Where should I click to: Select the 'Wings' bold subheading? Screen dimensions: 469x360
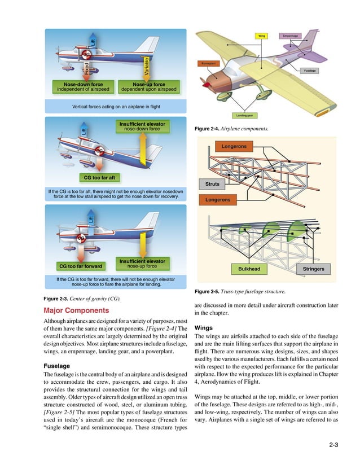(204, 327)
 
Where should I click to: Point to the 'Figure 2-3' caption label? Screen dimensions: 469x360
(57, 298)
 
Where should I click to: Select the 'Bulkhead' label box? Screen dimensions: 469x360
(249, 269)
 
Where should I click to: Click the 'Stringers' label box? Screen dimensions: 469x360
(313, 269)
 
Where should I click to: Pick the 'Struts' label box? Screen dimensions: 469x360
(212, 183)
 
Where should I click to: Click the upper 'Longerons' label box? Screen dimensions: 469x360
(233, 147)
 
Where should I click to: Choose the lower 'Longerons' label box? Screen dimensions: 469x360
(217, 199)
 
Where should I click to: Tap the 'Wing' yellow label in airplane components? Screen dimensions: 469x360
(262, 35)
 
